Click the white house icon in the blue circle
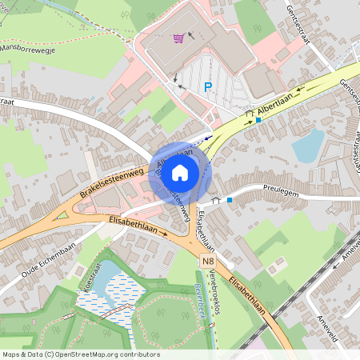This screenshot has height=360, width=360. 180,171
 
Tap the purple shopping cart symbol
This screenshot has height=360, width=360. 179,37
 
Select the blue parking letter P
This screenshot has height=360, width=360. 208,87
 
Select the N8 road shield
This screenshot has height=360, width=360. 208,261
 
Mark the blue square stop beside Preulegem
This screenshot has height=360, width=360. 230,199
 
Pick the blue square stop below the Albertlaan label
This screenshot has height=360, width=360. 258,119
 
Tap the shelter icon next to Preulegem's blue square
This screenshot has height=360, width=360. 216,199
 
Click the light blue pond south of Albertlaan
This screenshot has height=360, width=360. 308,146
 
